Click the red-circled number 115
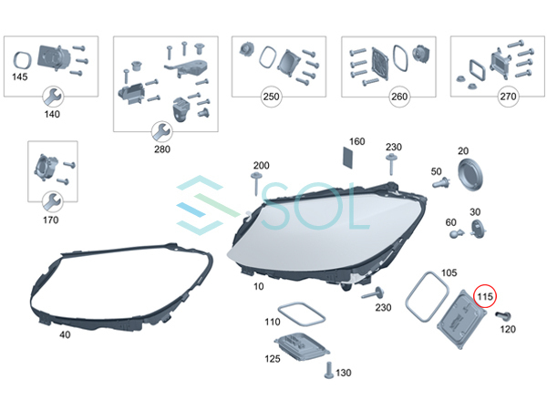pyautogui.click(x=485, y=296)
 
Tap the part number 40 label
pyautogui.click(x=64, y=334)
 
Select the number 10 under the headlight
pyautogui.click(x=258, y=287)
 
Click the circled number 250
pyautogui.click(x=271, y=96)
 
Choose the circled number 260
pyautogui.click(x=375, y=96)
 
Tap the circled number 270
pyautogui.click(x=483, y=96)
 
